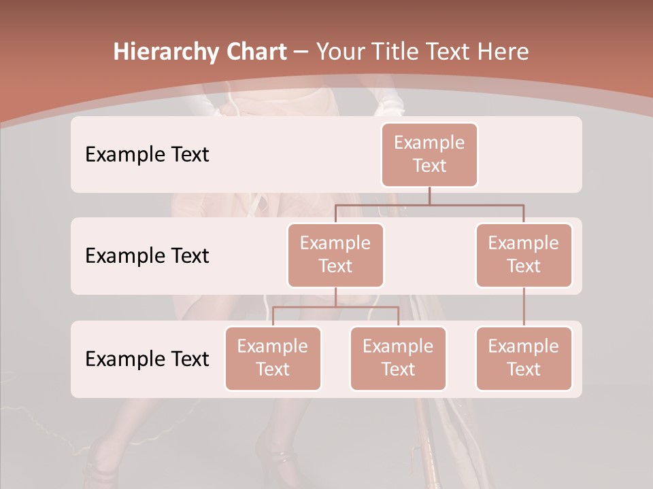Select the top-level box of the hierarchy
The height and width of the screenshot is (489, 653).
point(429,154)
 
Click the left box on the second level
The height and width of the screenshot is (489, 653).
point(335,255)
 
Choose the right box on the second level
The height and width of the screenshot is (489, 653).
point(524,255)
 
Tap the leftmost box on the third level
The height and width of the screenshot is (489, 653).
point(273,358)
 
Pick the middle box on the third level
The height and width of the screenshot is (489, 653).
point(398,358)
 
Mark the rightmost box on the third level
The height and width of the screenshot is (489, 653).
point(524,358)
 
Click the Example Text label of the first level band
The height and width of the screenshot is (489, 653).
point(147,154)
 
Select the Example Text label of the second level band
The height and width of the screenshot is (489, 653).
point(147,255)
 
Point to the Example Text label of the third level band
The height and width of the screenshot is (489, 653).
point(147,359)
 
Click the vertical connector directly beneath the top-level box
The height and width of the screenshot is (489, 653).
point(429,196)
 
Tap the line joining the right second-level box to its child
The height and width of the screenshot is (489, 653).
point(524,307)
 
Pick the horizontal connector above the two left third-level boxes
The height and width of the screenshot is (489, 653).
point(335,307)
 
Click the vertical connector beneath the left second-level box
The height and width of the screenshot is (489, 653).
point(335,297)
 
